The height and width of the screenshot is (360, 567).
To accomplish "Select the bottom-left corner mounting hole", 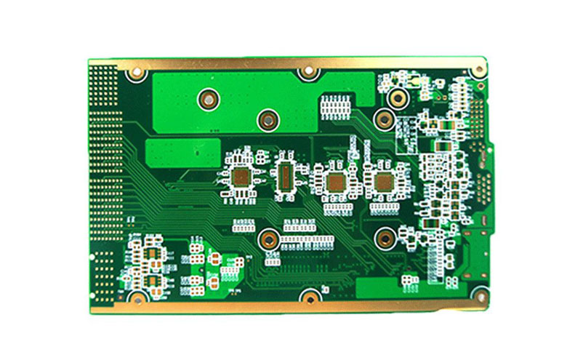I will click(136, 297).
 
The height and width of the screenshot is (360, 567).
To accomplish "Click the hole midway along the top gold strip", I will click(309, 72).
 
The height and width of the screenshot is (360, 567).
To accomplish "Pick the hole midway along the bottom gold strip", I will click(310, 297).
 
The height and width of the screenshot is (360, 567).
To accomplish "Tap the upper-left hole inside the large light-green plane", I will click(209, 98).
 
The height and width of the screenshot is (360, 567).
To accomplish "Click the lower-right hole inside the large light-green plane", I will click(268, 118).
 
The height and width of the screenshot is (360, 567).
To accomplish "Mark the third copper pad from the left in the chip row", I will click(335, 182).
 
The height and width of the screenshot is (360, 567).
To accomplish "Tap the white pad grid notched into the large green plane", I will click(335, 105).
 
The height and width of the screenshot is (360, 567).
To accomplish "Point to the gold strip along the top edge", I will click(291, 63).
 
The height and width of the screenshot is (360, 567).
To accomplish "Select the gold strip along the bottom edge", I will click(291, 305).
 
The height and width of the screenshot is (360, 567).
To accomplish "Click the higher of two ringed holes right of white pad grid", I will click(397, 97).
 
